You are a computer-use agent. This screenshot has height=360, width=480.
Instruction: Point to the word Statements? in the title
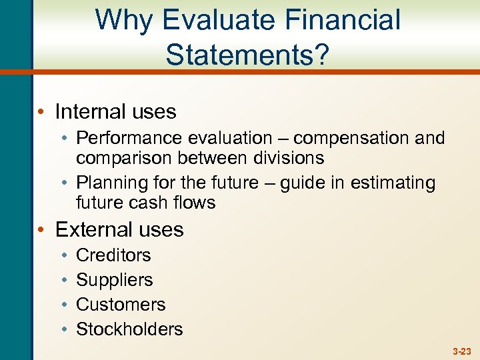pyautogui.click(x=247, y=55)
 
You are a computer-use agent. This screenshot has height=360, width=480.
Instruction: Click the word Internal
pyautogui.click(x=92, y=111)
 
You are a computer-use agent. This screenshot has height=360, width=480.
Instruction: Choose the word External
pyautogui.click(x=94, y=229)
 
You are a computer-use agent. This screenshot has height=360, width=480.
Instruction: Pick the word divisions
pyautogui.click(x=287, y=158)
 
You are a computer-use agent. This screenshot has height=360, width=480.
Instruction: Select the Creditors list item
pyautogui.click(x=113, y=255)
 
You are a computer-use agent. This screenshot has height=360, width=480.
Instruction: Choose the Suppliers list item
pyautogui.click(x=115, y=280)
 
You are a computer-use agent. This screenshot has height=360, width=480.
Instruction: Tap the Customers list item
pyautogui.click(x=121, y=305)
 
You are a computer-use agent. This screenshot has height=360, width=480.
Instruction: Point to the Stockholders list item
pyautogui.click(x=129, y=329)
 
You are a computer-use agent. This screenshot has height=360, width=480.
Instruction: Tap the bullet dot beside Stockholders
pyautogui.click(x=61, y=329)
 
